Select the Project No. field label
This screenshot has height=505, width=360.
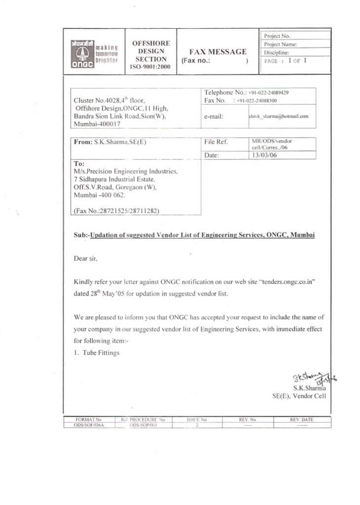pos(278,36)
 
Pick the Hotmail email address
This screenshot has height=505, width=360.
pos(279,116)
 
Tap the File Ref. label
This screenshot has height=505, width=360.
pos(216,142)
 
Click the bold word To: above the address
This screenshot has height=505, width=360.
pos(79,163)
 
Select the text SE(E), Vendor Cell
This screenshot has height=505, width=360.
pos(299,395)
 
